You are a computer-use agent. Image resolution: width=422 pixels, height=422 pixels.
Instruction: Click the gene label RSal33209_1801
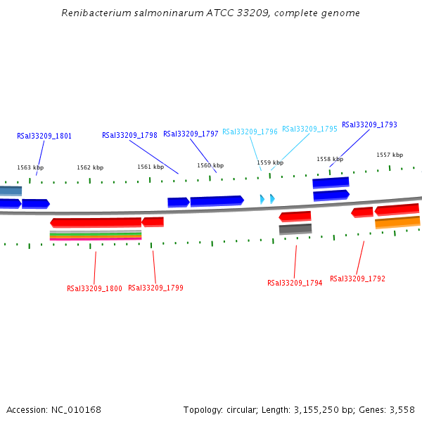[x=44, y=136]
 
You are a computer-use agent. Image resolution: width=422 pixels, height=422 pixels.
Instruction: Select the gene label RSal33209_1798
[x=129, y=135]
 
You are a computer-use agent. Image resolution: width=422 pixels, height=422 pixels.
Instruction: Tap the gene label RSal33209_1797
[x=191, y=134]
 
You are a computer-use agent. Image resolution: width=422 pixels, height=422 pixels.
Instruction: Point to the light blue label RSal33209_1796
[x=250, y=132]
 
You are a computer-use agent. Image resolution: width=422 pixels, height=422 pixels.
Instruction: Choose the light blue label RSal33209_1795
[x=309, y=129]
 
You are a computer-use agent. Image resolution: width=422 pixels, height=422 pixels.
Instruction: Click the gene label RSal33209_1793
[x=369, y=124]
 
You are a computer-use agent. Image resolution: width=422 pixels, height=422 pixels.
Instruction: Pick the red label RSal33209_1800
[x=94, y=288]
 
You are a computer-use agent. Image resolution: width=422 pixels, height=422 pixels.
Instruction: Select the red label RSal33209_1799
[x=155, y=288]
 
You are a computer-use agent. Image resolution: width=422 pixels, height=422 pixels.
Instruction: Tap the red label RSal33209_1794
[x=295, y=283]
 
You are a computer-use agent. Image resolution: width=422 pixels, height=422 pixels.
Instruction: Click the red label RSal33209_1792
[x=357, y=279]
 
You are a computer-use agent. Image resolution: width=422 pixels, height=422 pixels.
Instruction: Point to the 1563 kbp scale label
[x=30, y=167]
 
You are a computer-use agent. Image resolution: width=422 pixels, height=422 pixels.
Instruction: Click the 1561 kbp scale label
[x=151, y=167]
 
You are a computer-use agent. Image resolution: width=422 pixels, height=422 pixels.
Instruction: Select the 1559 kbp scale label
[x=270, y=162]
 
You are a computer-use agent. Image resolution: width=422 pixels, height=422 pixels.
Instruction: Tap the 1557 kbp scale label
[x=390, y=155]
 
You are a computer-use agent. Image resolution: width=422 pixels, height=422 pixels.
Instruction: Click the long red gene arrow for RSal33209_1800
[x=96, y=222]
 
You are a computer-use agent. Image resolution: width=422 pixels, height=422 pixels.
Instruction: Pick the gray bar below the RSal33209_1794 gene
[x=295, y=229]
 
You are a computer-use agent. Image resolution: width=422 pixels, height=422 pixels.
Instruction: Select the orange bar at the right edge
[x=397, y=222]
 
